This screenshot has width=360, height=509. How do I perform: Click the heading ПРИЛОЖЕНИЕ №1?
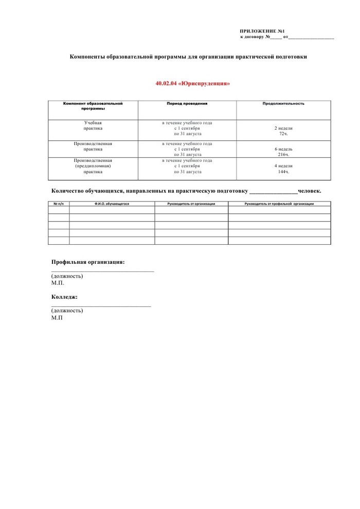[262, 31]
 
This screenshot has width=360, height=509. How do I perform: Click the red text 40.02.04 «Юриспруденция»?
[192, 83]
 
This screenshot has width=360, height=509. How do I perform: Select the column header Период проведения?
[187, 103]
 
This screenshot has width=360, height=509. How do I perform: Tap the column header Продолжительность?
[283, 103]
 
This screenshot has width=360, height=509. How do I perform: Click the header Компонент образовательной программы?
[93, 106]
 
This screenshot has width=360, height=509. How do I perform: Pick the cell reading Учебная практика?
[93, 125]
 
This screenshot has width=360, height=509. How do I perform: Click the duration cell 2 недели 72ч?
[283, 131]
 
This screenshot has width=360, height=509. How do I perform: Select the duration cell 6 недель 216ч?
[283, 151]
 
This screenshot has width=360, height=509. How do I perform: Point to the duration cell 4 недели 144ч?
[283, 169]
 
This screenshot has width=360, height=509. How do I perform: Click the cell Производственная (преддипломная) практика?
[93, 166]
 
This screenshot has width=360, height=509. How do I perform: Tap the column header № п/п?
[59, 204]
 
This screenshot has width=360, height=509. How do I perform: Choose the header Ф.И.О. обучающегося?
[112, 204]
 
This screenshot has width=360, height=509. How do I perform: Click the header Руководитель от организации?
[191, 204]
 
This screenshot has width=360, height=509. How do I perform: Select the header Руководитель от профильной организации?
[279, 204]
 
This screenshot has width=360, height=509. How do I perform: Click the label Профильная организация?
[88, 262]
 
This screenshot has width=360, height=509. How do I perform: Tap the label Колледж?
[65, 297]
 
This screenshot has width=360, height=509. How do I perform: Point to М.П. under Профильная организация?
[58, 283]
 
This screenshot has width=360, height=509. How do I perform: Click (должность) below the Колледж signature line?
[67, 311]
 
